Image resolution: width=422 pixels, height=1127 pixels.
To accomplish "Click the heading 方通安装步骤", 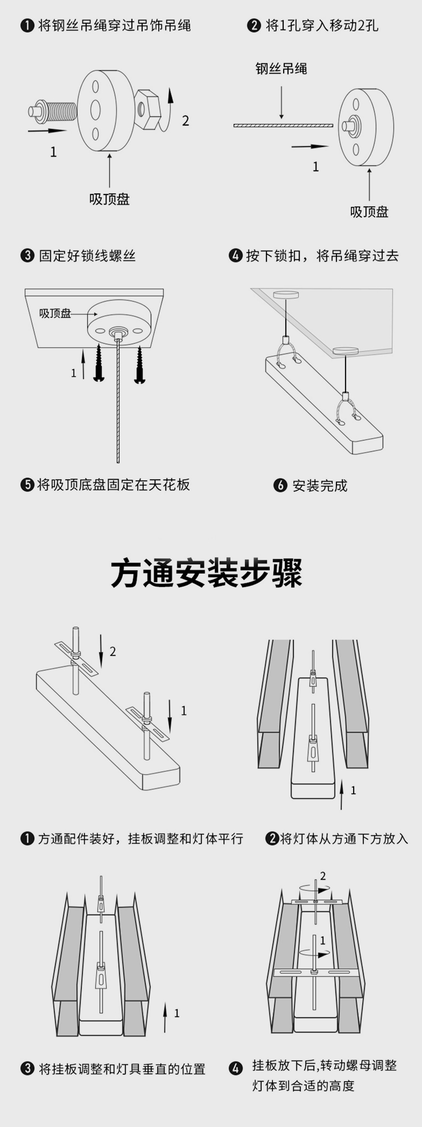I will click(207, 574).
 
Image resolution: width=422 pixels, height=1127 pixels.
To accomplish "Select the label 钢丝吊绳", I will click(281, 69).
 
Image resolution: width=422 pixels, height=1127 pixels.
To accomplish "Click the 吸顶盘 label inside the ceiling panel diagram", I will click(55, 314).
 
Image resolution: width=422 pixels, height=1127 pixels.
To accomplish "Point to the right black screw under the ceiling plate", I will click(140, 364).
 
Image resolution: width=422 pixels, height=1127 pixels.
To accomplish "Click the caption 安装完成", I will click(319, 486).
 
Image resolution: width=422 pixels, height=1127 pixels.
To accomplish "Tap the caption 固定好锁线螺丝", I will click(87, 256).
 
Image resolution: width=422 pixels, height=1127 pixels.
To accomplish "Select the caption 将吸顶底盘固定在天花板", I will click(113, 485).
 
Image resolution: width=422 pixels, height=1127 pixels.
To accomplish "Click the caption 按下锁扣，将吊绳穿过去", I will click(322, 256).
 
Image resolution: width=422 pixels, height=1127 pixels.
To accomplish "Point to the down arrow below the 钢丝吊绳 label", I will click(281, 99).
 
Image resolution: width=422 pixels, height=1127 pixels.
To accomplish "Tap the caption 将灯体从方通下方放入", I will click(344, 839).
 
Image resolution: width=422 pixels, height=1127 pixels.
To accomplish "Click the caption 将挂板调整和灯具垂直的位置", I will click(122, 1069).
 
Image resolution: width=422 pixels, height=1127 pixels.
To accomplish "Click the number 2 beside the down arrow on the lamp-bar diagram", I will click(113, 651).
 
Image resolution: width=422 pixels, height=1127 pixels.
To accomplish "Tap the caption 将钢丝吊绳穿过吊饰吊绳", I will click(114, 26).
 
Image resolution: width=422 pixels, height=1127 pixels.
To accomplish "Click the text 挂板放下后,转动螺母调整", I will click(324, 1066).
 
